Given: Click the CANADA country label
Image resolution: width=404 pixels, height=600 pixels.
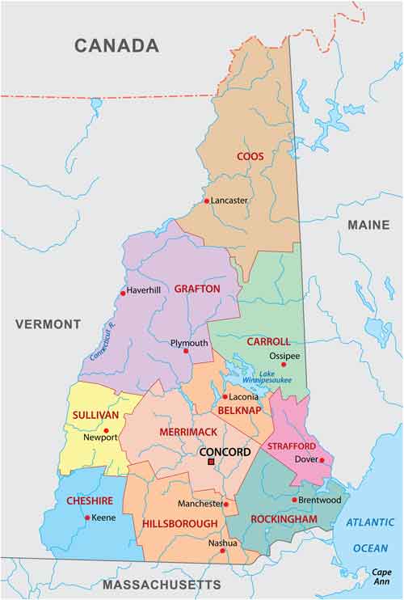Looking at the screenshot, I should pyautogui.click(x=116, y=45).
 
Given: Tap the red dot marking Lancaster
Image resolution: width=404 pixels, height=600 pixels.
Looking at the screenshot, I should pyautogui.click(x=207, y=201).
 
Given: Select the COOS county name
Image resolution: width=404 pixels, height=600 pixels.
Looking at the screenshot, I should pyautogui.click(x=250, y=156).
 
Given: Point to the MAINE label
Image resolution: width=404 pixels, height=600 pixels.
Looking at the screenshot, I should pyautogui.click(x=368, y=225).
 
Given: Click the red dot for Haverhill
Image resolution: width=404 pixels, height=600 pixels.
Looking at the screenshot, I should pyautogui.click(x=123, y=293).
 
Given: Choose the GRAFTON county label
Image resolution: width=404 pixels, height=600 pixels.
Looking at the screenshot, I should pyautogui.click(x=197, y=289).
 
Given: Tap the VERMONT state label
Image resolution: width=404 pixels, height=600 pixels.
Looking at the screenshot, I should pyautogui.click(x=48, y=324).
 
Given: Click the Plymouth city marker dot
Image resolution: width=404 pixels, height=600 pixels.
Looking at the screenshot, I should pyautogui.click(x=186, y=351).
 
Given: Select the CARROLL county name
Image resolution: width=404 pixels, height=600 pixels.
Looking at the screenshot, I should pyautogui.click(x=268, y=342).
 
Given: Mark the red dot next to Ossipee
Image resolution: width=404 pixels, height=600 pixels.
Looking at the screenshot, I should pyautogui.click(x=283, y=364).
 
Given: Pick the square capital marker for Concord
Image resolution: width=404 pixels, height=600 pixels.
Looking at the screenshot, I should pyautogui.click(x=211, y=462).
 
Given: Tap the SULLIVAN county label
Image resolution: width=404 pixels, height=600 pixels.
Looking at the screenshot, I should pyautogui.click(x=95, y=415).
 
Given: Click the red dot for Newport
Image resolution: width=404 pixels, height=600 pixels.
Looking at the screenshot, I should pyautogui.click(x=106, y=431).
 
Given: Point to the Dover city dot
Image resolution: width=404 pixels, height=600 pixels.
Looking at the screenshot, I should pyautogui.click(x=322, y=460).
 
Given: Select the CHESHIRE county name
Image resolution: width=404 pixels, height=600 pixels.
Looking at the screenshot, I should pyautogui.click(x=90, y=501).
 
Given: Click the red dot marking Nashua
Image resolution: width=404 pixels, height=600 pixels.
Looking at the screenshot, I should pyautogui.click(x=222, y=560).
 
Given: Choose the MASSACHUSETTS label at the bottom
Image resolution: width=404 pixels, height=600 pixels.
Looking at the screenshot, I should pyautogui.click(x=161, y=584).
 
